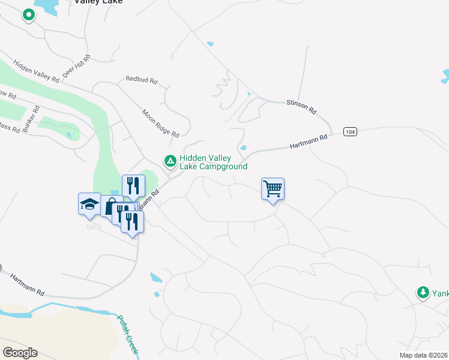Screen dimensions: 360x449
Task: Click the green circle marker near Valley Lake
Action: [28, 15]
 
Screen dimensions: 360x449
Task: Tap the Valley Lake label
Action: [98, 2]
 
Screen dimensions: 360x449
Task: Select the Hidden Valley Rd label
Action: [36, 71]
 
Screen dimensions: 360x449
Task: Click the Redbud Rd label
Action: [141, 79]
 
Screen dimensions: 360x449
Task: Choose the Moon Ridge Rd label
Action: [160, 123]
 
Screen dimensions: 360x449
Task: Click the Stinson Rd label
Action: [301, 107]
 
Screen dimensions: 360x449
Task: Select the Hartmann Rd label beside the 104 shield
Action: [309, 142]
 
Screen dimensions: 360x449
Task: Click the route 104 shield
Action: [351, 131]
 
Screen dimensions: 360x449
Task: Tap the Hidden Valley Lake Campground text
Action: [213, 162]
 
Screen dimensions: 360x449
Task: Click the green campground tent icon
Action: [170, 161]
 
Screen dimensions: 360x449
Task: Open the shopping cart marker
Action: [273, 189]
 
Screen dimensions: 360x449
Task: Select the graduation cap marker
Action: [89, 204]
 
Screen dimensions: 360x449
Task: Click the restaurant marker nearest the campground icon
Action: [133, 185]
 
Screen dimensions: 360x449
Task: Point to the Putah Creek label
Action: [128, 336]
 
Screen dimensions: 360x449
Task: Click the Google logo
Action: [20, 353]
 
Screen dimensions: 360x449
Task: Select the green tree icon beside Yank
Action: [423, 292]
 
